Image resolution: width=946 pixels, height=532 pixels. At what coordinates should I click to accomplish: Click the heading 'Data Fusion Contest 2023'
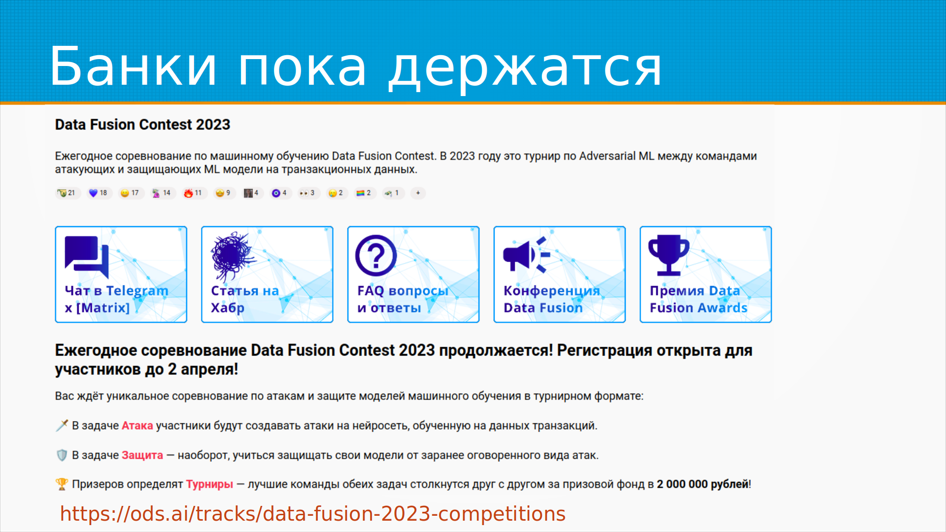tap(142, 125)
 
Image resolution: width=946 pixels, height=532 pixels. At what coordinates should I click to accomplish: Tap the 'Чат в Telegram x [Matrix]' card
tap(121, 274)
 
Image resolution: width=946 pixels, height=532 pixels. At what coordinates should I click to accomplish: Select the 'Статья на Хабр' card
tap(267, 274)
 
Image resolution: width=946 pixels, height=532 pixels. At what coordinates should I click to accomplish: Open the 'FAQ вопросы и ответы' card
tap(413, 274)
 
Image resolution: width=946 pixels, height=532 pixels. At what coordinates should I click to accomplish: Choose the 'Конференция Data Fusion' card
tap(560, 274)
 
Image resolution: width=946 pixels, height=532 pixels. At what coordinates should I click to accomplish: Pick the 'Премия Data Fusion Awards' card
tap(706, 274)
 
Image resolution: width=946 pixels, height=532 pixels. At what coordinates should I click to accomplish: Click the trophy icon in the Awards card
tap(669, 255)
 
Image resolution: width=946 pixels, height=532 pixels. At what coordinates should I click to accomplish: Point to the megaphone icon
tap(526, 255)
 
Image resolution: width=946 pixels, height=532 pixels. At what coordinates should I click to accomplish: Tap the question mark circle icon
tap(376, 255)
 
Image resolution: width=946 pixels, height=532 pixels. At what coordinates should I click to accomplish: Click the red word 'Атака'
tap(137, 426)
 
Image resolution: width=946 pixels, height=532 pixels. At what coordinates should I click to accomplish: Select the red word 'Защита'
tap(142, 455)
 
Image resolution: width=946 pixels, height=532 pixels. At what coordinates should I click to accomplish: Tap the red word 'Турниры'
tap(209, 484)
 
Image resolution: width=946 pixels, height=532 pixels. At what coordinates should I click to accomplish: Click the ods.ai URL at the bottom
tap(313, 514)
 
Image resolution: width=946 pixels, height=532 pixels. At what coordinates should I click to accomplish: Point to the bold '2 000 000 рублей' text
tap(703, 484)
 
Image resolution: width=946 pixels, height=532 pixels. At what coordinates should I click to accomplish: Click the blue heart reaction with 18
tap(98, 193)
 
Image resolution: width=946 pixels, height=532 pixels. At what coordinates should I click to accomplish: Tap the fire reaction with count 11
tap(193, 193)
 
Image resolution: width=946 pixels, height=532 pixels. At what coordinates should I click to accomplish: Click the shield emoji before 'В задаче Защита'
tap(62, 455)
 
